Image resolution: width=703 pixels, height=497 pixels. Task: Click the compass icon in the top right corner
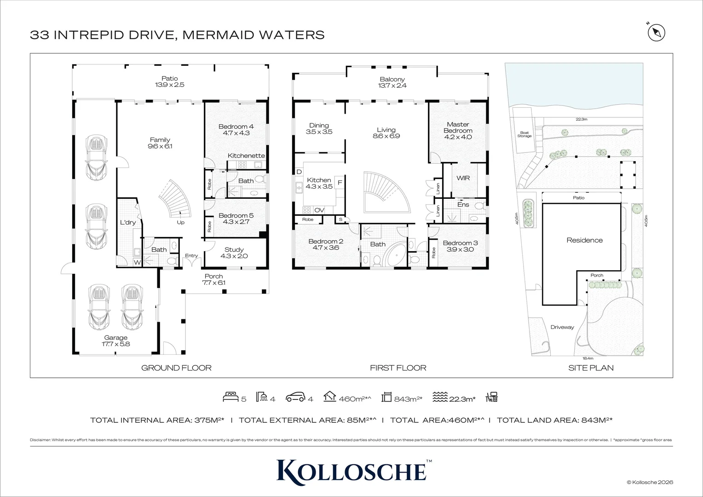click(x=657, y=33)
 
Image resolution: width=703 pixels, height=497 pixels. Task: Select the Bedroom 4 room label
click(x=236, y=127)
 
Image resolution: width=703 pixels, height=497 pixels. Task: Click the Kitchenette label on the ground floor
click(x=246, y=156)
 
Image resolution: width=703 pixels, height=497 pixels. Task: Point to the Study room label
click(x=234, y=250)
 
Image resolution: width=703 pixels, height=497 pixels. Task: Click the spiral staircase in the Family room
click(x=175, y=198)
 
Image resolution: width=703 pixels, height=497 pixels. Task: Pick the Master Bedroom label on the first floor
click(x=458, y=127)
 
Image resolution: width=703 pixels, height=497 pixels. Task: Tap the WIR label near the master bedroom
click(x=463, y=178)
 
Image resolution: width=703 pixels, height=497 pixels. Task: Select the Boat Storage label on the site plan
click(x=524, y=134)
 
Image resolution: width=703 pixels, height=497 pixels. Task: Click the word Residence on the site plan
click(x=584, y=240)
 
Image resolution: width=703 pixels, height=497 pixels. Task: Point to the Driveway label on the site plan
click(x=562, y=327)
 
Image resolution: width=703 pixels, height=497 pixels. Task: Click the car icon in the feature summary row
click(x=295, y=397)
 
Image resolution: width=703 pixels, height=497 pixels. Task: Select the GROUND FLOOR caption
click(x=176, y=368)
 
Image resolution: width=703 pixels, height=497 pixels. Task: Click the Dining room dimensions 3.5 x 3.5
click(x=319, y=132)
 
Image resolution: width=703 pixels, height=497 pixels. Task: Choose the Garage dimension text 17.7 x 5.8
click(x=115, y=344)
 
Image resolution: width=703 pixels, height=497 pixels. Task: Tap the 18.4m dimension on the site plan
click(x=588, y=358)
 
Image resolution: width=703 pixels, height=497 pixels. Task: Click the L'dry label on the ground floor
click(x=128, y=223)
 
